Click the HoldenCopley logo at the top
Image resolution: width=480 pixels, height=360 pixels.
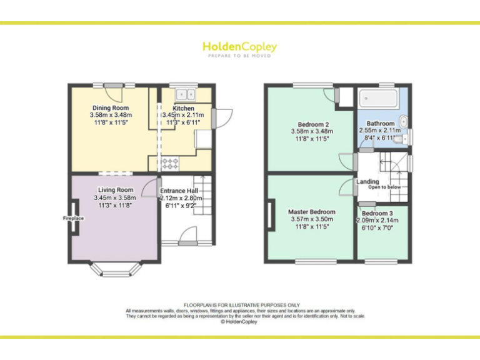[239, 47]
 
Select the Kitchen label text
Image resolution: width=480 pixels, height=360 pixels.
[183, 108]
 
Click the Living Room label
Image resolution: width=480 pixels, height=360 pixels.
[116, 190]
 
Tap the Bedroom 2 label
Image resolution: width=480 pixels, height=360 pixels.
[312, 123]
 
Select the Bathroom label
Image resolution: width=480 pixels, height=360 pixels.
[381, 124]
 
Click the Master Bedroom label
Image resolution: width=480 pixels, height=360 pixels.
[312, 212]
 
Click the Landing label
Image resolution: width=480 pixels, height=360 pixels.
[367, 182]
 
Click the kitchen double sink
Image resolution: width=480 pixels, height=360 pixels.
[185, 94]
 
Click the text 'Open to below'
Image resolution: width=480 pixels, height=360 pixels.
[384, 187]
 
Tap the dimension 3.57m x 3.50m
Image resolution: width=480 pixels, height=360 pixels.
[312, 219]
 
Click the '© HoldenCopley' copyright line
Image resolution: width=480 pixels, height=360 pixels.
[240, 322]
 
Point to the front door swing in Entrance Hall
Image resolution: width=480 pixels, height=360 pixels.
[187, 234]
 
